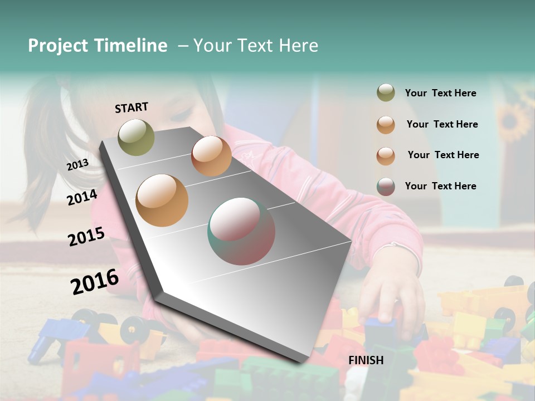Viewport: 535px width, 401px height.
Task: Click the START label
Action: [x=132, y=107]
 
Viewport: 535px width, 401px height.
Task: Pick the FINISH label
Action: [x=366, y=360]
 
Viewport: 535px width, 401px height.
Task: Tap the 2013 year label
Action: [x=77, y=165]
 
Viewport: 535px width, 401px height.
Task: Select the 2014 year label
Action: [x=82, y=197]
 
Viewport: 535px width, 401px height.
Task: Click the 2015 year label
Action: [x=86, y=237]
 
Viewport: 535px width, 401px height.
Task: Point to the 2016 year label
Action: [x=95, y=282]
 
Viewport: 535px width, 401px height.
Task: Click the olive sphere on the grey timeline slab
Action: [x=136, y=137]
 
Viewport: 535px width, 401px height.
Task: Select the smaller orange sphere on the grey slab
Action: [x=211, y=156]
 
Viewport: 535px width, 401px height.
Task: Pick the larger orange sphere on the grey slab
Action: [x=162, y=200]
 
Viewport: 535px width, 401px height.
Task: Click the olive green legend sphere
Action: [x=386, y=92]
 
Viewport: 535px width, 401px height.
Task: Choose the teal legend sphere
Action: [x=386, y=187]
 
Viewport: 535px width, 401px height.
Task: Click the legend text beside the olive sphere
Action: [x=440, y=94]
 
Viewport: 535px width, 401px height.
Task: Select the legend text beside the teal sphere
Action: [x=440, y=186]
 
